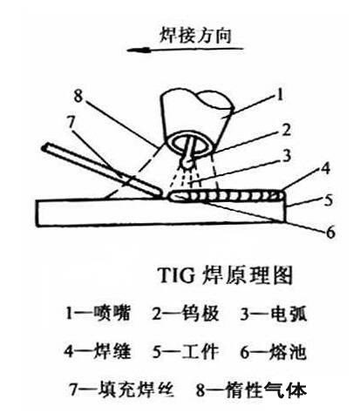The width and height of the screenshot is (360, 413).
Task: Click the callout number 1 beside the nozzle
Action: (x=280, y=95)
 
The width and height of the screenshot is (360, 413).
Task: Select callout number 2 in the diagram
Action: (x=286, y=130)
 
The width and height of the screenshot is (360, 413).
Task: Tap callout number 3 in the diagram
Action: (x=287, y=156)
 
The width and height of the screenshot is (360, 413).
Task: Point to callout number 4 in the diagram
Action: (x=327, y=168)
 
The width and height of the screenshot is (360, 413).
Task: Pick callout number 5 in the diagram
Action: (x=329, y=200)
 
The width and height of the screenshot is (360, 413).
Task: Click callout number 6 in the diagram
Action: (x=330, y=233)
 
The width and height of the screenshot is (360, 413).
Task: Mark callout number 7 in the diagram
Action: (x=71, y=123)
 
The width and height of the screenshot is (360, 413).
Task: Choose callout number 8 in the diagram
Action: (x=78, y=96)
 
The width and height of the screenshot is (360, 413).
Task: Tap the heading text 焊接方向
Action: (x=195, y=36)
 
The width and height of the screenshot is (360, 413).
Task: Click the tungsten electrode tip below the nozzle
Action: (x=186, y=163)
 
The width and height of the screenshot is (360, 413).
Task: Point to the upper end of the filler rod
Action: (x=44, y=148)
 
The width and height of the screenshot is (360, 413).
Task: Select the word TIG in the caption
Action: (x=177, y=275)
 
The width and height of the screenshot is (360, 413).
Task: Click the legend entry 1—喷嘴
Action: (x=98, y=314)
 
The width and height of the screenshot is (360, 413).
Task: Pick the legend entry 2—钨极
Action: (x=186, y=314)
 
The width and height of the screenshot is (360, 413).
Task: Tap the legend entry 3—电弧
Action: (x=273, y=314)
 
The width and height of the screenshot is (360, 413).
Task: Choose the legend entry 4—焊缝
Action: (x=98, y=351)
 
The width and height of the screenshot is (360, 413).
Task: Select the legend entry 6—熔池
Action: (x=273, y=351)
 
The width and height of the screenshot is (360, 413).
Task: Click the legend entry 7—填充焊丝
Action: (x=121, y=389)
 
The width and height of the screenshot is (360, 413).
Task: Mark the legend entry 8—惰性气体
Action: (x=251, y=389)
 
